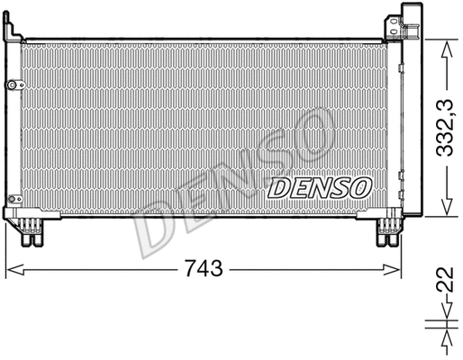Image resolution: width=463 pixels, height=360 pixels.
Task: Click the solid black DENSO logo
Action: click(320, 187)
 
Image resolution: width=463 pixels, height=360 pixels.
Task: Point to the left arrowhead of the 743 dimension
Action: click(11, 268)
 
